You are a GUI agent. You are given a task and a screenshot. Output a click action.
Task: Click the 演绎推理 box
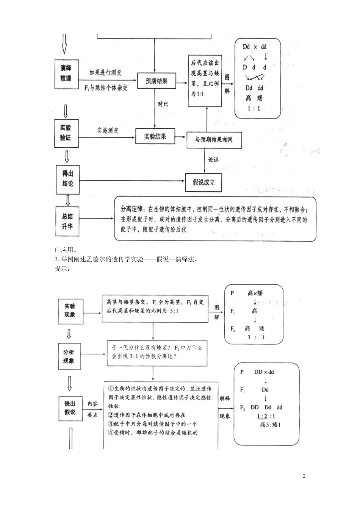click(x=66, y=74)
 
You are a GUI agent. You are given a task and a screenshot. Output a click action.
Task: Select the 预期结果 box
click(x=156, y=81)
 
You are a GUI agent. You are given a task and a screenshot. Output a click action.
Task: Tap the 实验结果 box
click(x=155, y=136)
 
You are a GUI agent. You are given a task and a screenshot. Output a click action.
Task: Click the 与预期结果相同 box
click(x=214, y=140)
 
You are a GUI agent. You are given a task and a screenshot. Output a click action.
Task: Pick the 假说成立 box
click(x=203, y=182)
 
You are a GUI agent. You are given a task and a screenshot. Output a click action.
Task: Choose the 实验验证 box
click(x=66, y=133)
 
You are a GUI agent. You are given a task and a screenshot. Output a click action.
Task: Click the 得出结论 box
click(x=68, y=179)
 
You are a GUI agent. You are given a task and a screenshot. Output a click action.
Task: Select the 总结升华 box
click(x=67, y=222)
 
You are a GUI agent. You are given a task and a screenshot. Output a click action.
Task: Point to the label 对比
click(x=163, y=104)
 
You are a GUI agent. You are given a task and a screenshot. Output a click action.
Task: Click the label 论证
click(x=213, y=160)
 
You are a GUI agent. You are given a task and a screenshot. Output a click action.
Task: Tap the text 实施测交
click(x=108, y=130)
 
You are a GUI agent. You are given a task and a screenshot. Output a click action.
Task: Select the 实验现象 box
click(x=70, y=310)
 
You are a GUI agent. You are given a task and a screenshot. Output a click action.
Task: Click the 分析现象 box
click(x=69, y=356)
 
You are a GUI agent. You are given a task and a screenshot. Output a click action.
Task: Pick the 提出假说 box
click(x=70, y=408)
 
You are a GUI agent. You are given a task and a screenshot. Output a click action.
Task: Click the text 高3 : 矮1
click(x=270, y=425)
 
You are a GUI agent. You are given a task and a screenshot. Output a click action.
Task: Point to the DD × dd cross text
click(x=264, y=372)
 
